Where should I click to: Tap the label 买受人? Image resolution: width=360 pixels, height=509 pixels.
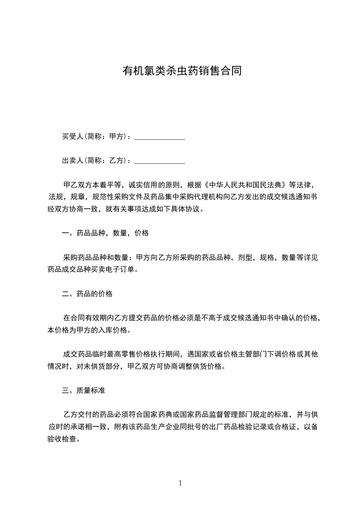[x=72, y=136]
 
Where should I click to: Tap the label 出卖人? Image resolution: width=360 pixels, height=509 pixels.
[x=72, y=161]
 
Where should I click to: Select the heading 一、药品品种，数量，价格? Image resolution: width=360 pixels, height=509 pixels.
[x=105, y=234]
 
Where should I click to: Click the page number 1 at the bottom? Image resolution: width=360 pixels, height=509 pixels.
[x=180, y=483]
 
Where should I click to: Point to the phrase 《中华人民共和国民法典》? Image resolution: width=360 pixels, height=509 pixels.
[x=246, y=185]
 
